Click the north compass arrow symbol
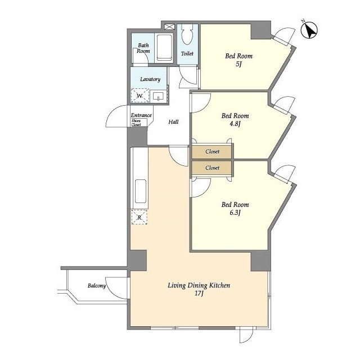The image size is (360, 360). tap(309, 30)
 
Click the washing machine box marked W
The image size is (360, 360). tap(140, 96)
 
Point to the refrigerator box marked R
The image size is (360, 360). tap(139, 217)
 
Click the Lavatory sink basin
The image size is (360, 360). tap(159, 96)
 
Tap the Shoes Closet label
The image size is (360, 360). tap(136, 123)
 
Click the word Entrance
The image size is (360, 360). tap(141, 115)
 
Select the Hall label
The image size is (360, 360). tap(173, 121)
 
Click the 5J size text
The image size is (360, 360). tap(238, 64)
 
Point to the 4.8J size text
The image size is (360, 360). tap(235, 124)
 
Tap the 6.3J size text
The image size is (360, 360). tap(235, 213)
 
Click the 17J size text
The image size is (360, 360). tap(199, 294)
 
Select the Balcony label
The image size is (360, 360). tap(97, 286)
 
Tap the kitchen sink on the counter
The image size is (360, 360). tap(141, 191)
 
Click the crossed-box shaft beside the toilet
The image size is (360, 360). tap(169, 26)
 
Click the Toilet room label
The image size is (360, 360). tap(187, 53)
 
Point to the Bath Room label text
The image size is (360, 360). tap(143, 48)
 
